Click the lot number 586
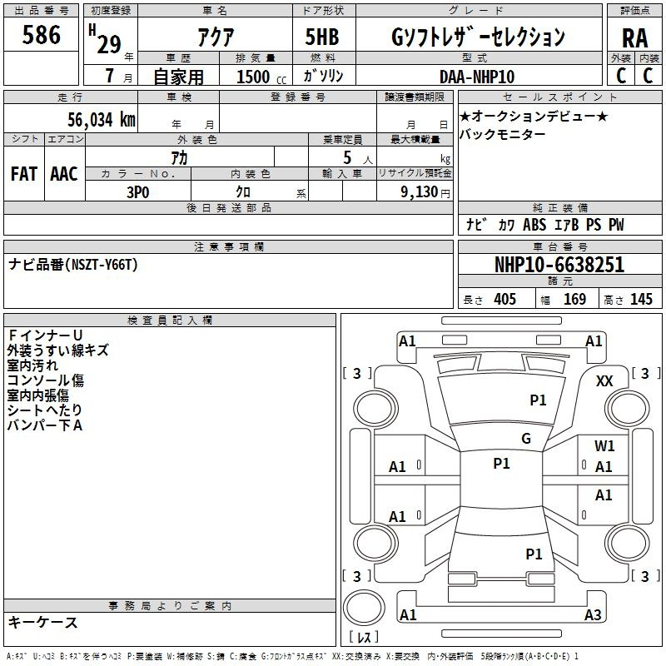click(x=42, y=36)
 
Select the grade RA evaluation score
click(x=634, y=37)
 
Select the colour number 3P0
click(x=137, y=191)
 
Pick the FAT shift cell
click(x=23, y=174)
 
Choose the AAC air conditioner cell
click(x=64, y=174)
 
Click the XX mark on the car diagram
click(x=605, y=380)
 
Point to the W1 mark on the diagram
click(x=605, y=446)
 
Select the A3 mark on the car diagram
click(x=593, y=615)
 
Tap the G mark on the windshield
click(x=526, y=439)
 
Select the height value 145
click(x=641, y=300)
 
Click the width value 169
click(x=574, y=300)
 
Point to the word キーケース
click(x=43, y=622)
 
